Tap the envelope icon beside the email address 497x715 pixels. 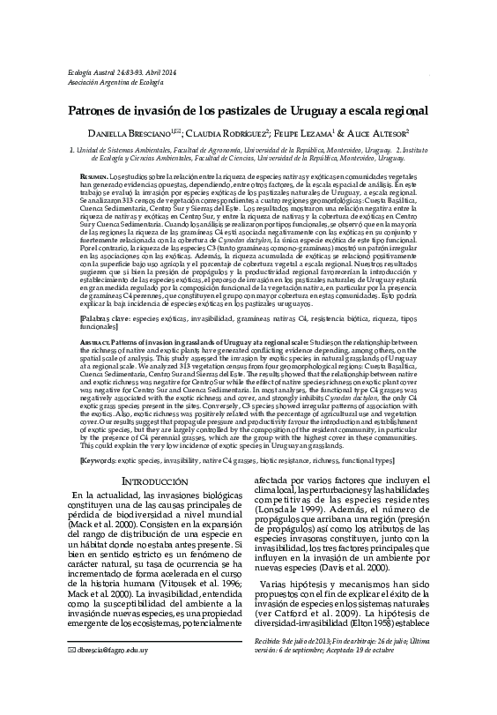(62, 698)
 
